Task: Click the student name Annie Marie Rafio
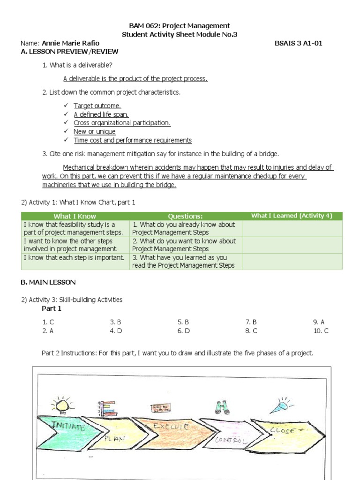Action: tap(70, 43)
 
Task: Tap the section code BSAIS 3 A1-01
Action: tap(299, 43)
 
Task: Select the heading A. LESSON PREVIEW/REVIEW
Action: tap(70, 52)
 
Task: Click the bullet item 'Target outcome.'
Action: tap(97, 106)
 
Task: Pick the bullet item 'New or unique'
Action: tap(94, 132)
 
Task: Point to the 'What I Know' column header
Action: tap(75, 216)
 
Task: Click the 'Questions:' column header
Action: tap(185, 216)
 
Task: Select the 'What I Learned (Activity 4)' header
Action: tap(292, 216)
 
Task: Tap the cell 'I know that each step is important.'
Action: tap(74, 257)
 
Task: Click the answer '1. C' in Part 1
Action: tap(48, 322)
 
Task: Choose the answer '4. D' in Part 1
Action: tap(116, 330)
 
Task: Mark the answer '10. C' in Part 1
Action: tap(321, 330)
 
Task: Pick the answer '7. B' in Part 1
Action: tap(251, 322)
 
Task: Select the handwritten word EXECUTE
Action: tap(172, 427)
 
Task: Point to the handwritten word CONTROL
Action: tap(230, 440)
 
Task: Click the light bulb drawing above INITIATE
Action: tap(62, 403)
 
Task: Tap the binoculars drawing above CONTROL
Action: tap(222, 407)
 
